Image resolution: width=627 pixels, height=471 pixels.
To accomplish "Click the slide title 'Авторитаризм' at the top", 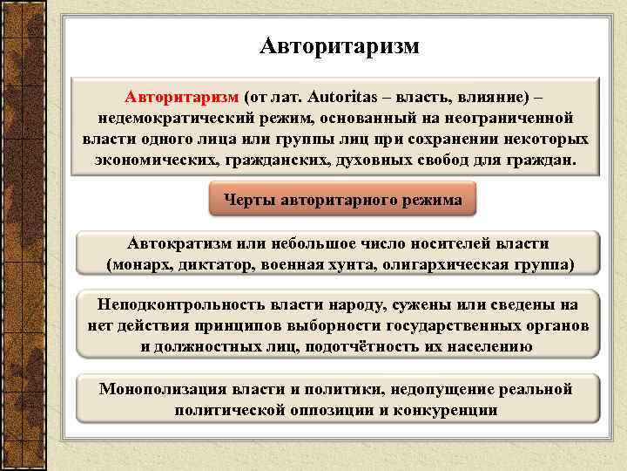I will [x=339, y=44].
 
